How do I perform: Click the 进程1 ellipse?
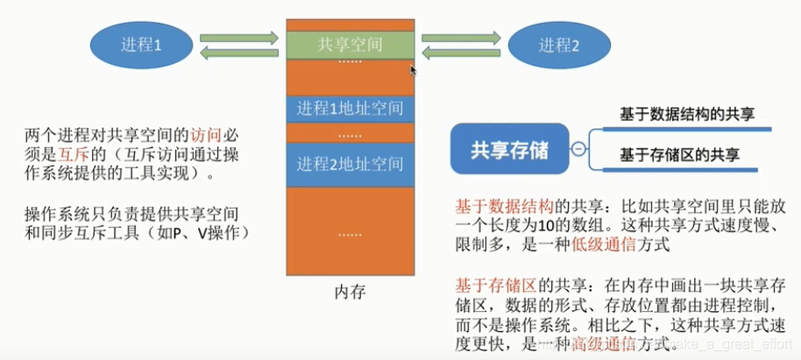(x=140, y=45)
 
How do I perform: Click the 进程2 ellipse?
(x=558, y=45)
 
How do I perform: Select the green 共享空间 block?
(x=350, y=44)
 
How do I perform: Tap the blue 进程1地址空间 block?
(x=350, y=109)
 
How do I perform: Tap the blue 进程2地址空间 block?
(x=350, y=163)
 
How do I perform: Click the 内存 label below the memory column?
(x=350, y=292)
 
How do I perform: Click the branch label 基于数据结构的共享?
(x=687, y=114)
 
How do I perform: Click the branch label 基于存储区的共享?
(x=679, y=155)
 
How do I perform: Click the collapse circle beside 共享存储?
(x=578, y=149)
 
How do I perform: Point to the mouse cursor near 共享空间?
(x=413, y=69)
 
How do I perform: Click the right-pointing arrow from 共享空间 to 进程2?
(x=461, y=38)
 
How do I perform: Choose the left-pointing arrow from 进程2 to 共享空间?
(x=461, y=53)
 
